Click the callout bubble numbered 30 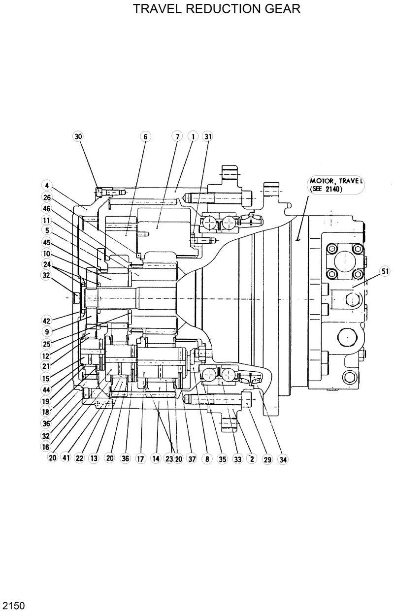(x=78, y=136)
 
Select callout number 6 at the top (x=145, y=136)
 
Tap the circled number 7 (x=177, y=136)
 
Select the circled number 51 (x=385, y=270)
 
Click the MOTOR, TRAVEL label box (x=335, y=185)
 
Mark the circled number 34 (x=283, y=459)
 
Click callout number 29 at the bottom (x=267, y=459)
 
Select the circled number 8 (x=207, y=459)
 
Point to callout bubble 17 (x=140, y=459)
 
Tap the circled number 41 (x=66, y=458)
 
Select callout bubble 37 (x=192, y=459)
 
